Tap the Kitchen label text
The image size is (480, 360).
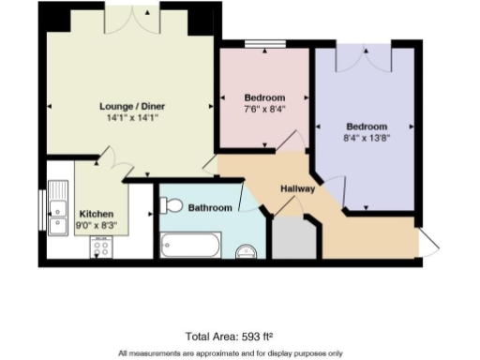97,213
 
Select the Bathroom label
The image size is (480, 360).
210,207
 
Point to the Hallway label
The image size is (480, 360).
298,188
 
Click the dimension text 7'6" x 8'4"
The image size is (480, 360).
264,109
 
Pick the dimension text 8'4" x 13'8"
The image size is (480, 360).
367,138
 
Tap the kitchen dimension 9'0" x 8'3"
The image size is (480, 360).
97,225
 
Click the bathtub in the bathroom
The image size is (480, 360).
191,247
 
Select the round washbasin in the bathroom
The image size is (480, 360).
247,251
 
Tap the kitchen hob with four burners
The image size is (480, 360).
100,248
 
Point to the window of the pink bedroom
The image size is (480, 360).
264,43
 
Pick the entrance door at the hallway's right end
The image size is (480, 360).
427,242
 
